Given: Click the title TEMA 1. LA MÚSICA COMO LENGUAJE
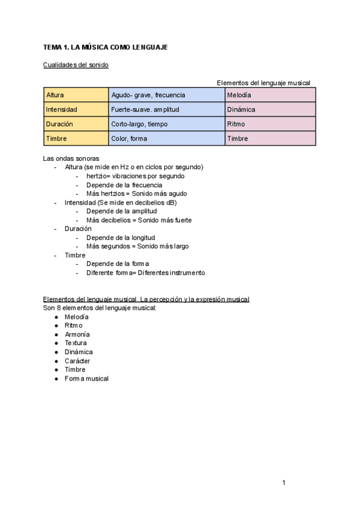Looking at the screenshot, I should (105, 47).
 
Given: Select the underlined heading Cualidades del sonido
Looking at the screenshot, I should (76, 65).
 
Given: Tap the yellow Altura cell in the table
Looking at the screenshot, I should (76, 95).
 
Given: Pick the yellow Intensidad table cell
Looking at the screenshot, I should (76, 110).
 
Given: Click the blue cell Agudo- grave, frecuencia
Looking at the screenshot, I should (166, 95).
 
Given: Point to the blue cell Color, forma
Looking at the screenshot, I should (166, 139).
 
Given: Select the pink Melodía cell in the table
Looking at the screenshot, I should (270, 95).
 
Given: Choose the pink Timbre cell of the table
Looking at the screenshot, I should (270, 139).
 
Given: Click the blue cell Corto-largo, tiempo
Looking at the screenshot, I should (166, 124).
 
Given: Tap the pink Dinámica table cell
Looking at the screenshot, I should (270, 110).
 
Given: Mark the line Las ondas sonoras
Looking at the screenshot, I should (71, 158).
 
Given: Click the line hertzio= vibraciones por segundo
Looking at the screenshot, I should (135, 176).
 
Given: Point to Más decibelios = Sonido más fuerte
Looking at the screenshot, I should (139, 220).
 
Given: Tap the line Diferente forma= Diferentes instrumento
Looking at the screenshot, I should (145, 273).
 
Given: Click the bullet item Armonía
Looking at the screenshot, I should (77, 334).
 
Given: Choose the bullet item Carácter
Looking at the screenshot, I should (77, 361).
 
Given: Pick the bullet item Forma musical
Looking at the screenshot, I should (86, 379).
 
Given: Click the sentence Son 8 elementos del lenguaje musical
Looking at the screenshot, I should (100, 308).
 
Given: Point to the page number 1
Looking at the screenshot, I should (284, 483).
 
